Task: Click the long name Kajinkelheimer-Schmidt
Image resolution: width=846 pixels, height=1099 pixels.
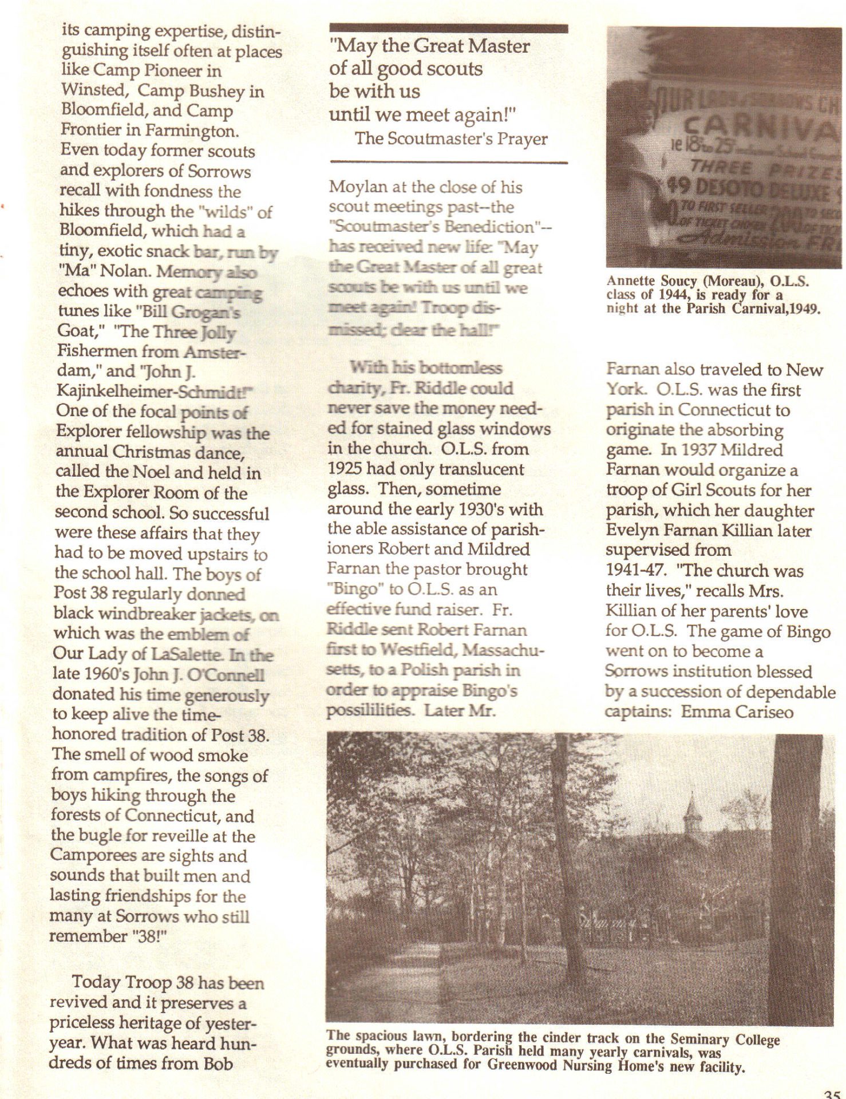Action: [154, 393]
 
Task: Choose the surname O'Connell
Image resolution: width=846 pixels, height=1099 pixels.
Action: [231, 675]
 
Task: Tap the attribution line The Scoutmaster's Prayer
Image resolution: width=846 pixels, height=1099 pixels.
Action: [451, 139]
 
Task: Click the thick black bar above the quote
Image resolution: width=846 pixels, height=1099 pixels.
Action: [449, 29]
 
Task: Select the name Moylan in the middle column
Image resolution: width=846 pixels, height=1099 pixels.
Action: [355, 187]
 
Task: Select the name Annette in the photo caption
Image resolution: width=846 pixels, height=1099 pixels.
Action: [627, 280]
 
